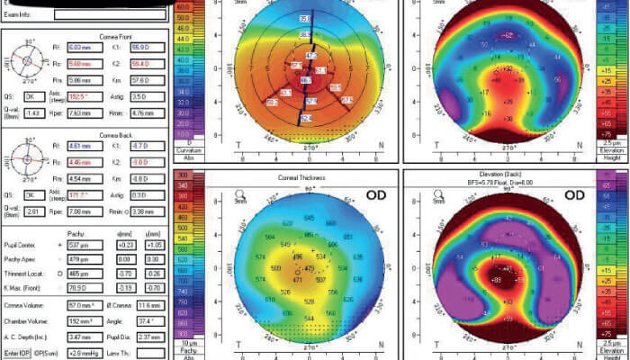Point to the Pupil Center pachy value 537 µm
coord(81,244)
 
